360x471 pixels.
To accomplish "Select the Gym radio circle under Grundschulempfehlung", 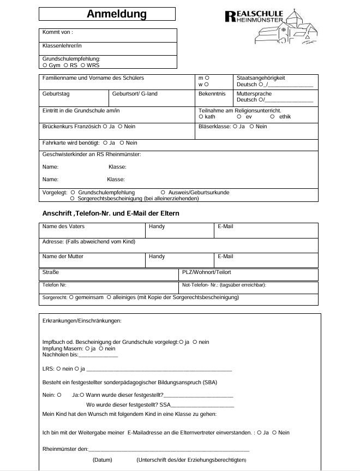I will click(x=45, y=65).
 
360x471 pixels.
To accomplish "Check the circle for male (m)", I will click(x=207, y=78).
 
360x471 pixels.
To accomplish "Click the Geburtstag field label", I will click(x=56, y=94).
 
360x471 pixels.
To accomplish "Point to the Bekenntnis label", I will click(x=212, y=94).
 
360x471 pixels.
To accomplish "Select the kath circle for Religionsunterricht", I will click(x=201, y=116).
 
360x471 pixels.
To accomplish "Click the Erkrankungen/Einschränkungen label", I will click(x=82, y=321).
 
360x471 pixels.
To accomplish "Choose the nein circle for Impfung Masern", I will click(x=100, y=348).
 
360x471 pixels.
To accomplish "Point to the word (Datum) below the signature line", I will click(x=103, y=460).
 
